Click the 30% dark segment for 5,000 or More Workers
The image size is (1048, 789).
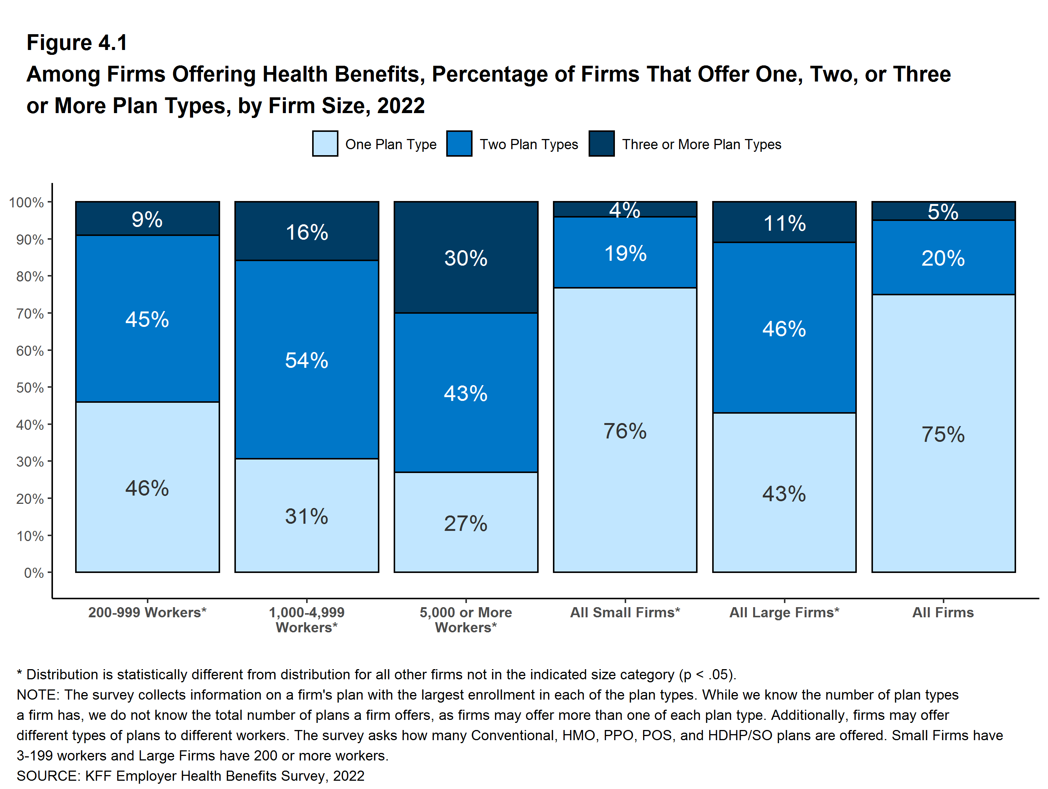tap(466, 258)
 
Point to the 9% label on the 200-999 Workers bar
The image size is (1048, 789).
tap(147, 219)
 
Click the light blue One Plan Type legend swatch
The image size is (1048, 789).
tap(325, 144)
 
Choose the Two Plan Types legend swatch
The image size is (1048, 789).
tap(459, 144)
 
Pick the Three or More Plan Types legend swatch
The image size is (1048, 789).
tap(602, 144)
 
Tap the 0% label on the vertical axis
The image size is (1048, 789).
tap(34, 573)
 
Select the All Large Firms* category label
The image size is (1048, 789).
tap(784, 612)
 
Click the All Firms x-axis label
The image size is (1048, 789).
tap(943, 612)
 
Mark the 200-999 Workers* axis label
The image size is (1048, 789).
tap(147, 612)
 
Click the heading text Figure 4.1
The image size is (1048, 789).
tap(77, 43)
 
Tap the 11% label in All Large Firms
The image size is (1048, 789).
tap(784, 223)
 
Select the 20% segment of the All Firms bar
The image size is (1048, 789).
tap(943, 258)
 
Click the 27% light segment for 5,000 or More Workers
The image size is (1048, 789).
tap(466, 523)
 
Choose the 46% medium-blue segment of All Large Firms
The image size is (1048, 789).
tap(784, 328)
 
